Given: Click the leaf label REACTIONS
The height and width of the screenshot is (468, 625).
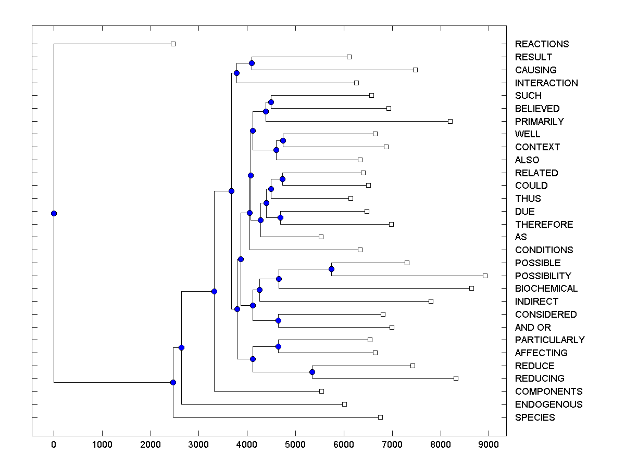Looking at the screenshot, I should [x=542, y=44].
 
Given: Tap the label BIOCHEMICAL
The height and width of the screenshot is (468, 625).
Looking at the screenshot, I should [x=546, y=289].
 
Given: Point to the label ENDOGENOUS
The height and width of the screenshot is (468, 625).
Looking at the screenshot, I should [x=548, y=404].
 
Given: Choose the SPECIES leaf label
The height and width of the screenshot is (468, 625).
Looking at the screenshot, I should [x=535, y=417].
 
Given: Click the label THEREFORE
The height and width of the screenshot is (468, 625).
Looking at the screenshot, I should [x=544, y=224].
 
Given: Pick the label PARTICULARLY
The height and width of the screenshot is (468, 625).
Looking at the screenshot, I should [x=549, y=340].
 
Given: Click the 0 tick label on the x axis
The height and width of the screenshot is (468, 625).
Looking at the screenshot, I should [x=54, y=445].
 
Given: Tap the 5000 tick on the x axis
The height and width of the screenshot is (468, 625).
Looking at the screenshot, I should [x=295, y=445].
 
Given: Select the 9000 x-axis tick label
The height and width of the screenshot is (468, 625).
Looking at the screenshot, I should [x=489, y=445].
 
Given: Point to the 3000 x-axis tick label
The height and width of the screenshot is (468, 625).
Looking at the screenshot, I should [x=198, y=445].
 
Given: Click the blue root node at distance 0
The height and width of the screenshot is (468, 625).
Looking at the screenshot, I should [x=54, y=213].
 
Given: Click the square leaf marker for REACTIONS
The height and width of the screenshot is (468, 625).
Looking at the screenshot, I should [x=173, y=44].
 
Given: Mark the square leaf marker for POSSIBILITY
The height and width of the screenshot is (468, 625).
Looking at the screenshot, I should [x=485, y=276].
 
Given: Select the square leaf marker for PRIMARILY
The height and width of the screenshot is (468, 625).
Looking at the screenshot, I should [x=450, y=121].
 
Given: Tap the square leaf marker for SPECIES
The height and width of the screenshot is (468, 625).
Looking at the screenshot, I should [x=380, y=417].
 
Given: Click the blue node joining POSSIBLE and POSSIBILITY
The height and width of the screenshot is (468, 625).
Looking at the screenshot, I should [x=331, y=269].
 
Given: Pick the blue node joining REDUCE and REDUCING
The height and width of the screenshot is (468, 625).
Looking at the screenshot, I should [x=312, y=372].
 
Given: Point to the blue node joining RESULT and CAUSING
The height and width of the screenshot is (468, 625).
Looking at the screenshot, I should [x=252, y=63].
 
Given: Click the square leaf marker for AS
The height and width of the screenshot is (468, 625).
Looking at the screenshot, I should [x=321, y=237].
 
